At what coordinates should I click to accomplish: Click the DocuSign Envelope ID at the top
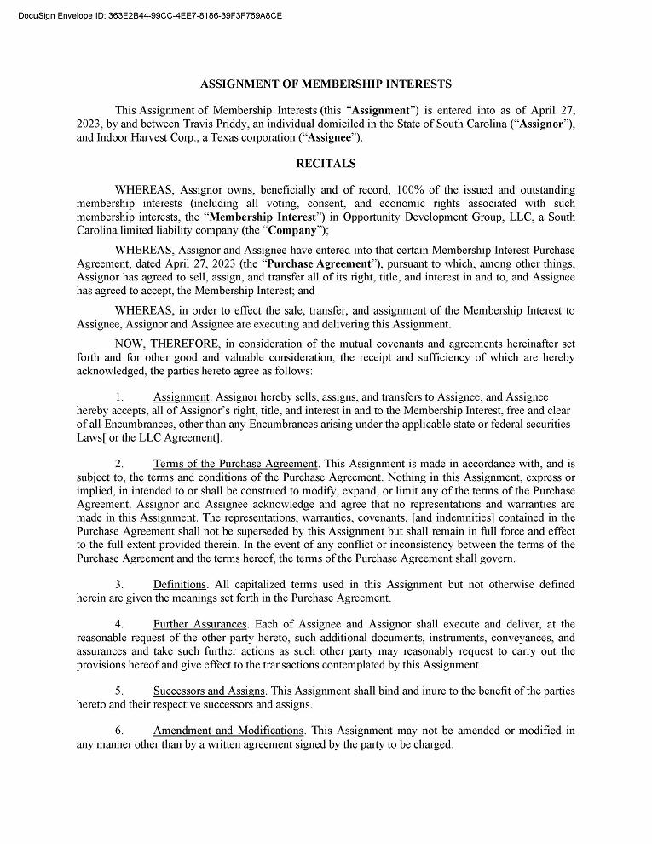point(149,15)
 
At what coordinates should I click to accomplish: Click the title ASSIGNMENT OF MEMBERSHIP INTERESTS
point(326,84)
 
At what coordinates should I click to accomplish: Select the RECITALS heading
point(326,163)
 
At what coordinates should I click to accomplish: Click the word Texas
point(205,137)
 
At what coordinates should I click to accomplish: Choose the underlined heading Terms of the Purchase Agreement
point(235,463)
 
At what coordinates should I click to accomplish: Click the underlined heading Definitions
point(180,584)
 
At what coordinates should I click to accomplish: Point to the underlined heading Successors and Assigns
point(209,691)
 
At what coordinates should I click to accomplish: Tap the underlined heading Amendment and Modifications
point(228,731)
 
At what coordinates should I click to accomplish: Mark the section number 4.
point(119,624)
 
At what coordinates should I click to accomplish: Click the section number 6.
point(119,731)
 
